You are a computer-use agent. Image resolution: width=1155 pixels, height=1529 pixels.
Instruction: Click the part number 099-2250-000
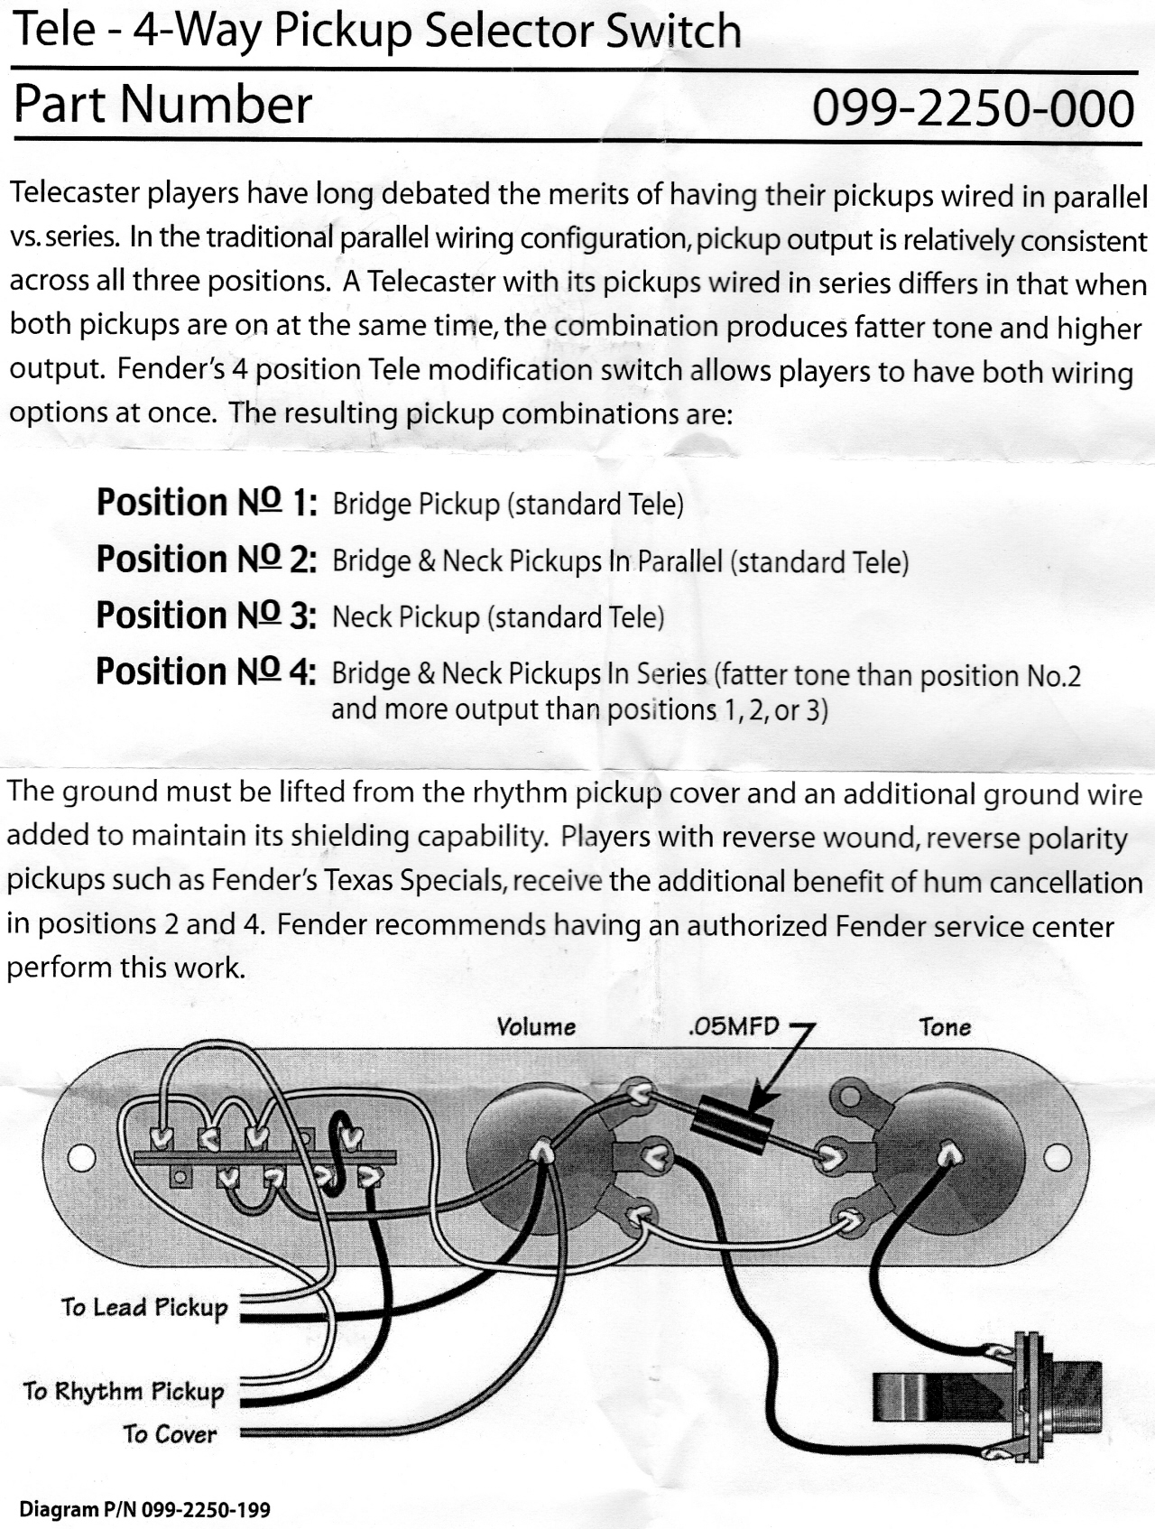coord(973,108)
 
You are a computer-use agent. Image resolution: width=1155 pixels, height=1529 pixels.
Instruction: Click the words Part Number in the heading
coord(162,105)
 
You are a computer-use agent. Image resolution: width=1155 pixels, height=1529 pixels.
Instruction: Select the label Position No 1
coord(206,503)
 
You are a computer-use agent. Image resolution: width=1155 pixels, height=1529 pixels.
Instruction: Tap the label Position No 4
coord(206,672)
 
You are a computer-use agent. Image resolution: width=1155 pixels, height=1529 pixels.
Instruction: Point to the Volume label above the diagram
coord(536,1027)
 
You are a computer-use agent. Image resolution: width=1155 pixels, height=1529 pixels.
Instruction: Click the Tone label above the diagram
coord(945,1027)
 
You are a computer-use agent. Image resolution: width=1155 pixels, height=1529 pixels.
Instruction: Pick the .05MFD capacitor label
coord(732,1027)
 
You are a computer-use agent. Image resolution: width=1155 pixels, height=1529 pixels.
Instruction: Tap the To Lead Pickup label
coord(144,1308)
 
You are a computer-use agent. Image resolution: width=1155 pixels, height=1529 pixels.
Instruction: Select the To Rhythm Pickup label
coord(124,1391)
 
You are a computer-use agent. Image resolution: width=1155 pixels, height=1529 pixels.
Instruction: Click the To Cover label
coord(170,1434)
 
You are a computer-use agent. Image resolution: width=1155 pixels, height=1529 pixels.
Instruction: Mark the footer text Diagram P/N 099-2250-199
coord(145,1509)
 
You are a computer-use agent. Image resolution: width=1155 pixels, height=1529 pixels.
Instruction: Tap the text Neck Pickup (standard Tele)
coord(498,617)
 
